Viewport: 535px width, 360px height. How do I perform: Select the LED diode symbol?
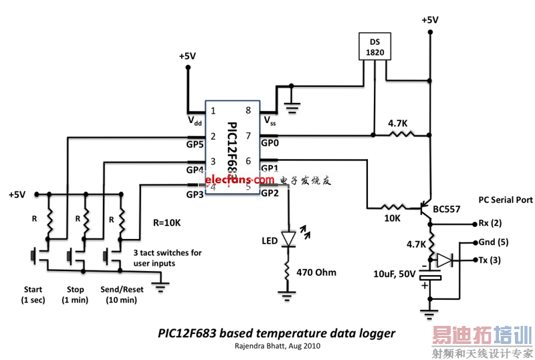coord(288,238)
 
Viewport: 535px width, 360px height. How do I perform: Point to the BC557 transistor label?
coord(447,209)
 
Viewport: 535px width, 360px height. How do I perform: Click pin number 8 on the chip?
coord(248,110)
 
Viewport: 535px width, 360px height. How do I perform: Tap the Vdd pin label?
coord(195,121)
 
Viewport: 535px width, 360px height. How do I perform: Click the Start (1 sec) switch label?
coord(33,294)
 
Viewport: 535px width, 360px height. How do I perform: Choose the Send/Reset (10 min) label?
coord(121,294)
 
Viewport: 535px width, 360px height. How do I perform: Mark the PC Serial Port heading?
coord(505,200)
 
